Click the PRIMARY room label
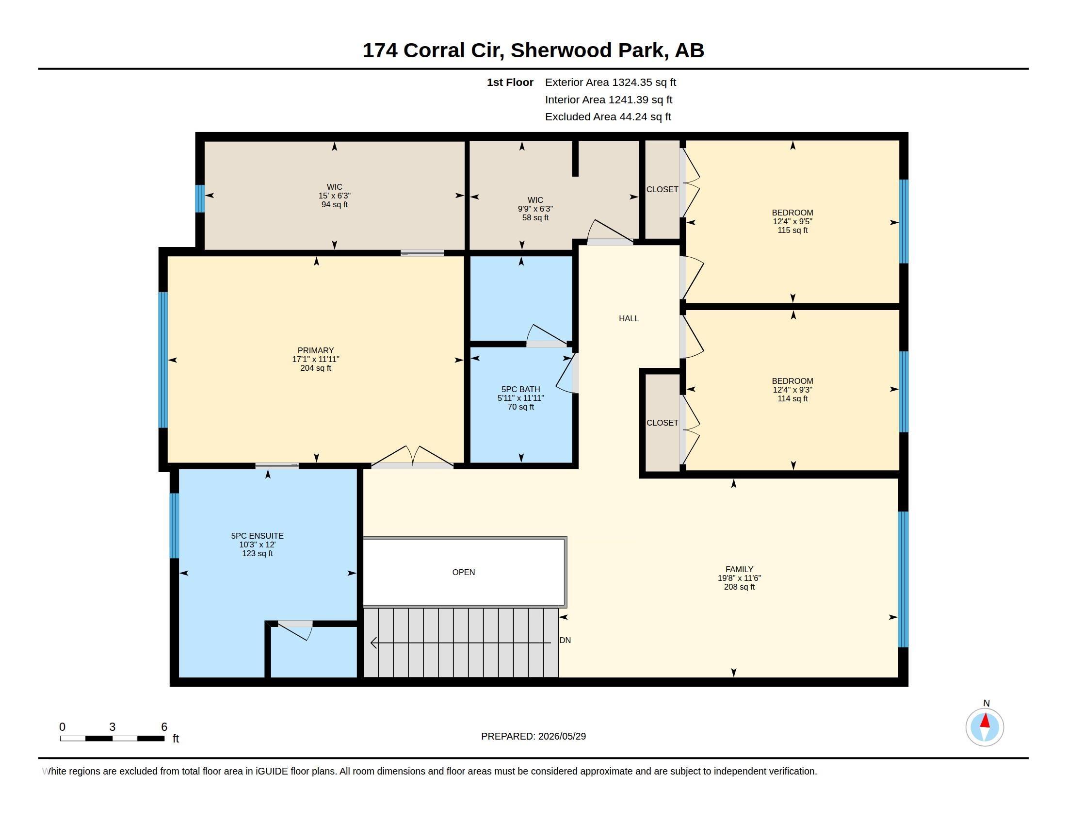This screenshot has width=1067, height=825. tap(316, 350)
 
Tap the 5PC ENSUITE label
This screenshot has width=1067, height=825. tap(258, 536)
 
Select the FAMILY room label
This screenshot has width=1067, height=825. tap(739, 569)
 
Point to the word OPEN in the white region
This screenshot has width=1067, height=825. tap(464, 572)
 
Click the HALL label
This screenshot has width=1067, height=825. tap(629, 319)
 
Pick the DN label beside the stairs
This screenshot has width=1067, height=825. tap(565, 640)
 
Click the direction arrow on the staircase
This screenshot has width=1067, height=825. tap(461, 643)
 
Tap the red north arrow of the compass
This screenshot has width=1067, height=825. tap(985, 721)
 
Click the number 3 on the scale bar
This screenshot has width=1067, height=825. tap(113, 727)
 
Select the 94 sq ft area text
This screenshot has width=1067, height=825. tap(335, 205)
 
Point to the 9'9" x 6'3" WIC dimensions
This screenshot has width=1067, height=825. tap(535, 209)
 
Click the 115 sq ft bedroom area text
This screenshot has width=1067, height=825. tap(792, 230)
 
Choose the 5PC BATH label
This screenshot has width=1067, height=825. tap(521, 390)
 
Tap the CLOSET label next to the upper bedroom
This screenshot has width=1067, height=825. tap(663, 190)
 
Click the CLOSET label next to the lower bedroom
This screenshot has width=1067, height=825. tap(663, 423)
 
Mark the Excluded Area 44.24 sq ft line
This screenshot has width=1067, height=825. tap(608, 117)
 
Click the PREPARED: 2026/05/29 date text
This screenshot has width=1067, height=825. tap(533, 736)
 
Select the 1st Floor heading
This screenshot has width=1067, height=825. tap(510, 82)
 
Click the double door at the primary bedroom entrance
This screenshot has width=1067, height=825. tap(413, 457)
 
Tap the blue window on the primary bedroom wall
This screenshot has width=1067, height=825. tap(163, 360)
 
